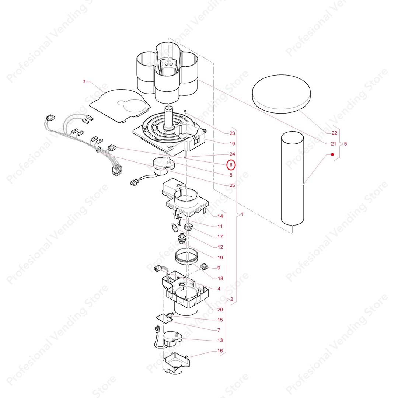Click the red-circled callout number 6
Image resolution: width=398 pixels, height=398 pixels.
tap(231, 165)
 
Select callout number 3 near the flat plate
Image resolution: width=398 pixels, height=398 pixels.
tap(84, 81)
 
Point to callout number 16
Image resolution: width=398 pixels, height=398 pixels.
tap(220, 350)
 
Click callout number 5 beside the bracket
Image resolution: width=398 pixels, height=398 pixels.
tap(345, 144)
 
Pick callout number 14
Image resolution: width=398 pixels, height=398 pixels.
tap(220, 216)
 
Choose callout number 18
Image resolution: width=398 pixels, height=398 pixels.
tap(220, 279)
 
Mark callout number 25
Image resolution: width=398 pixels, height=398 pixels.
tap(232, 185)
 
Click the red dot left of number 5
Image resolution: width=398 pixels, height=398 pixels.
tap(332, 155)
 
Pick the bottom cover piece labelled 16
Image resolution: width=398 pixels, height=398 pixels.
tap(176, 363)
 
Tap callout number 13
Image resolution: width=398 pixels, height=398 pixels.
tap(220, 340)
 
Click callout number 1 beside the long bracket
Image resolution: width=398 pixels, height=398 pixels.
tap(242, 214)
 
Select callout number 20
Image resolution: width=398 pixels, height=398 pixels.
tap(220, 310)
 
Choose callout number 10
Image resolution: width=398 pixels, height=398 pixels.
tap(232, 144)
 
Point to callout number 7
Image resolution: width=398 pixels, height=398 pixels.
tap(219, 330)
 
